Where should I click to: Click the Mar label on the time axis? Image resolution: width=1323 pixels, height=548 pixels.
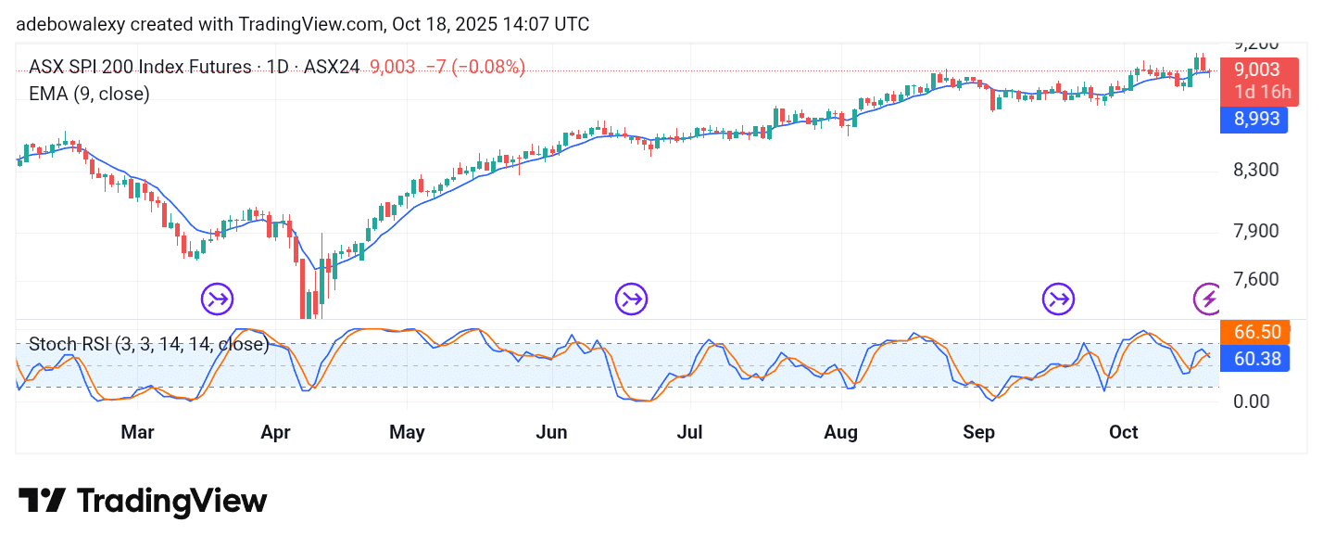(x=137, y=432)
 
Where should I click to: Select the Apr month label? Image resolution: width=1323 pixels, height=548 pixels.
(x=276, y=432)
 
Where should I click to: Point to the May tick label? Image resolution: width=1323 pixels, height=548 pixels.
(x=407, y=432)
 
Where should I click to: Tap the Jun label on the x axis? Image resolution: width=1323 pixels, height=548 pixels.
(x=552, y=432)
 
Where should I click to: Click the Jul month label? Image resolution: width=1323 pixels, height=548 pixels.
(x=689, y=432)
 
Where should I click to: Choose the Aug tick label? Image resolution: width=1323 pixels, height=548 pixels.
(x=841, y=432)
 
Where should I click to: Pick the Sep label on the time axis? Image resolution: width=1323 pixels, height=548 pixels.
(x=978, y=432)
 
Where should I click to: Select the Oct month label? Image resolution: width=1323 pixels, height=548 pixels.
(x=1124, y=432)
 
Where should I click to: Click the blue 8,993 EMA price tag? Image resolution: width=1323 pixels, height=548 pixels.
(x=1254, y=119)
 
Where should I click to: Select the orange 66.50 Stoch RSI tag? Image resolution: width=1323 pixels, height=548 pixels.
(x=1254, y=333)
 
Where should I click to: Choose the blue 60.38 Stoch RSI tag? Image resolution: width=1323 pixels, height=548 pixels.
(x=1254, y=358)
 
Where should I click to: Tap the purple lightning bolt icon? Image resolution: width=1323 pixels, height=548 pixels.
(x=1206, y=299)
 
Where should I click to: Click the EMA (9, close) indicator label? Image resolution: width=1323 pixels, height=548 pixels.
(x=89, y=94)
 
